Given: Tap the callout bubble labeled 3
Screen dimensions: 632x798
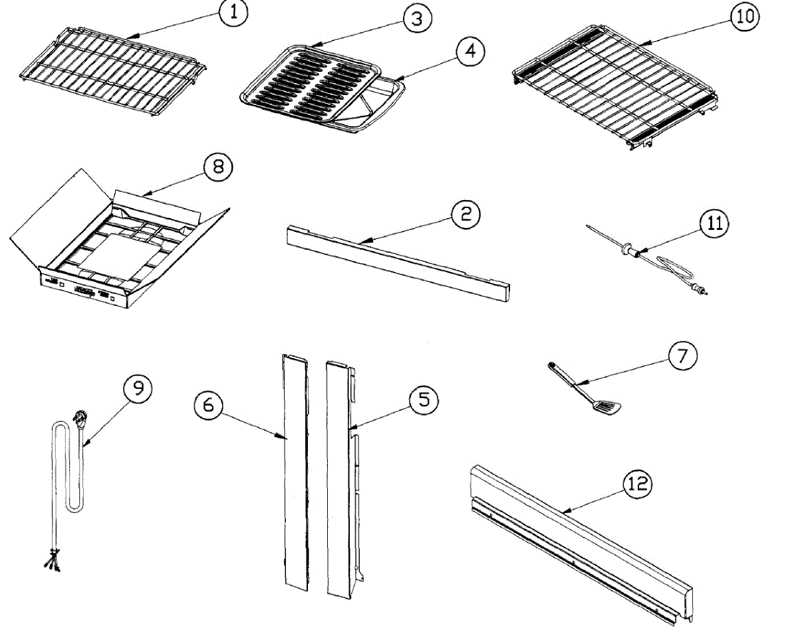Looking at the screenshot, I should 416,19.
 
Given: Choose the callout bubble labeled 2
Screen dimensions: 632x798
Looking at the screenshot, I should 465,214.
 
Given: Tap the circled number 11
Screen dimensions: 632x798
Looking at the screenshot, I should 714,224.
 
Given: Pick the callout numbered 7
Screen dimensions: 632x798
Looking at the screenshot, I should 683,356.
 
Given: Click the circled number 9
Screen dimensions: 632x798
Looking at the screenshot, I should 138,389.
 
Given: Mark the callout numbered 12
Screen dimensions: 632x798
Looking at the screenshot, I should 637,484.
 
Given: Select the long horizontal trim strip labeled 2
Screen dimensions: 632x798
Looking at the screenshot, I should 399,262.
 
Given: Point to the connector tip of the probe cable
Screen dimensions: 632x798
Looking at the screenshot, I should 702,290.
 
